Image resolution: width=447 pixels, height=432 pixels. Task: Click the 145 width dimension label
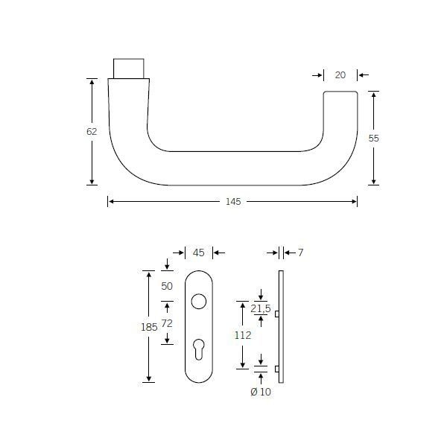(x=232, y=202)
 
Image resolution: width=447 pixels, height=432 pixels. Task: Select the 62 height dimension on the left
(x=92, y=131)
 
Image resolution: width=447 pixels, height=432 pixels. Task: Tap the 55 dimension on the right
(x=374, y=138)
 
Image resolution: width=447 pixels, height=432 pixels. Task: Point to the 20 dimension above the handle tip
(x=340, y=74)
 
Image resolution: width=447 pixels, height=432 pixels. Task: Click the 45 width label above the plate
(x=198, y=252)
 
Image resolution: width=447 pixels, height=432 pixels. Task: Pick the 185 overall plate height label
(x=148, y=325)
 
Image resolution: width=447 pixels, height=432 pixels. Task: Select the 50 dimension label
(x=167, y=286)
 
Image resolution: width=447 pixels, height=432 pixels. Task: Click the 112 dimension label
(x=241, y=334)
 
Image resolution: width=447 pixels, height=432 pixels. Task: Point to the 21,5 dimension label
(x=261, y=308)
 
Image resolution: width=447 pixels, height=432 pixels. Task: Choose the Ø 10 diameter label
(x=261, y=392)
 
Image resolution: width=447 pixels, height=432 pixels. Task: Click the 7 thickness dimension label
(x=300, y=252)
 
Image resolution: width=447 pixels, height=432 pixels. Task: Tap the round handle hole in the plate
(x=198, y=302)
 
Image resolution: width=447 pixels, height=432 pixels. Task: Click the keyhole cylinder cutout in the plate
(x=198, y=349)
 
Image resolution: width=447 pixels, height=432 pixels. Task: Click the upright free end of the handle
(x=340, y=119)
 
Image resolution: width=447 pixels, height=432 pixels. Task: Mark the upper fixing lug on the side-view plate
(x=277, y=314)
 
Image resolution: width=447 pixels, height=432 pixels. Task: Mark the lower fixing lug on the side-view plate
(x=277, y=368)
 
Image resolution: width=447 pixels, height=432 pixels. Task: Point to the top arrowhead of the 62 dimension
(x=92, y=81)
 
